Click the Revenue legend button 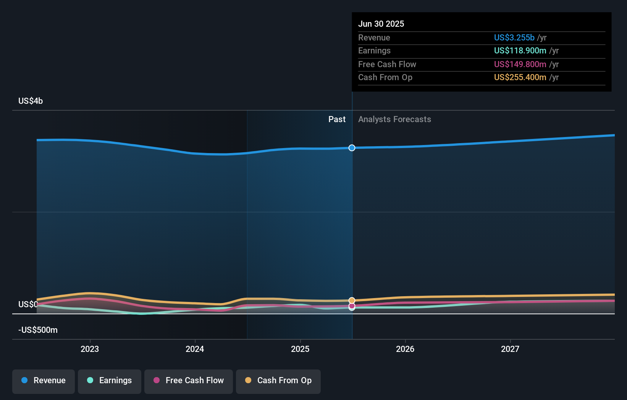pyautogui.click(x=44, y=381)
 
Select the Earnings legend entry pyautogui.click(x=110, y=381)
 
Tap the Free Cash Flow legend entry pyautogui.click(x=189, y=381)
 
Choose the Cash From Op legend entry pyautogui.click(x=278, y=381)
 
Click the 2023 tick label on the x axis pyautogui.click(x=90, y=349)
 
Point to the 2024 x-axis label pyautogui.click(x=195, y=349)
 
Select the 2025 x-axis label pyautogui.click(x=300, y=349)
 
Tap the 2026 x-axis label pyautogui.click(x=405, y=349)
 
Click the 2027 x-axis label pyautogui.click(x=510, y=349)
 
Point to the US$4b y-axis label pyautogui.click(x=31, y=101)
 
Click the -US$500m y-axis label pyautogui.click(x=38, y=330)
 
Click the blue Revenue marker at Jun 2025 pyautogui.click(x=352, y=148)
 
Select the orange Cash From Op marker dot pyautogui.click(x=352, y=300)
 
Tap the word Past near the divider pyautogui.click(x=337, y=119)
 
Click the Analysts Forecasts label pyautogui.click(x=394, y=119)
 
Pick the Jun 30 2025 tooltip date pyautogui.click(x=381, y=24)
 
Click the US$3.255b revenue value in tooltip pyautogui.click(x=514, y=37)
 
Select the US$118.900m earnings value pyautogui.click(x=520, y=51)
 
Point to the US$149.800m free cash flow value pyautogui.click(x=520, y=64)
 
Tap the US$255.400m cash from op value pyautogui.click(x=520, y=77)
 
